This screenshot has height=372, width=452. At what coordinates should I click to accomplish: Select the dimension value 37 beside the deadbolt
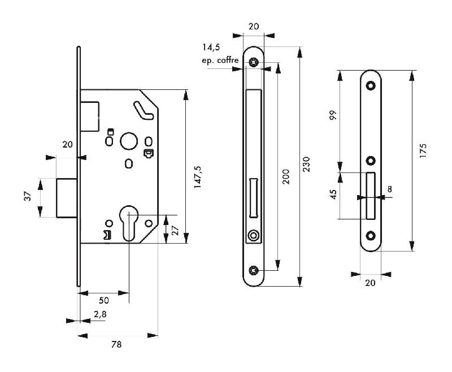tap(27, 197)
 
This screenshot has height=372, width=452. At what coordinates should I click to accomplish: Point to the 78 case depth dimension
tap(116, 344)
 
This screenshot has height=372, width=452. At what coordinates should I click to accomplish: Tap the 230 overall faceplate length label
tap(306, 165)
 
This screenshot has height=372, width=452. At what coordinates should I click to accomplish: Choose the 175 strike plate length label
tap(424, 152)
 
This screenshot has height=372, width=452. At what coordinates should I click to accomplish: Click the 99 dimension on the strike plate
tap(333, 115)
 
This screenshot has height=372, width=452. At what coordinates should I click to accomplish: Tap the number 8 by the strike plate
tap(389, 189)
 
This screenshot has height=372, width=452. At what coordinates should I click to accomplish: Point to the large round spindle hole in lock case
tap(129, 141)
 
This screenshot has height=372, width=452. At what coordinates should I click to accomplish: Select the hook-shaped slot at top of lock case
tap(143, 110)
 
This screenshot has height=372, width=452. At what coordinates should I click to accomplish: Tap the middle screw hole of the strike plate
tap(371, 160)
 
